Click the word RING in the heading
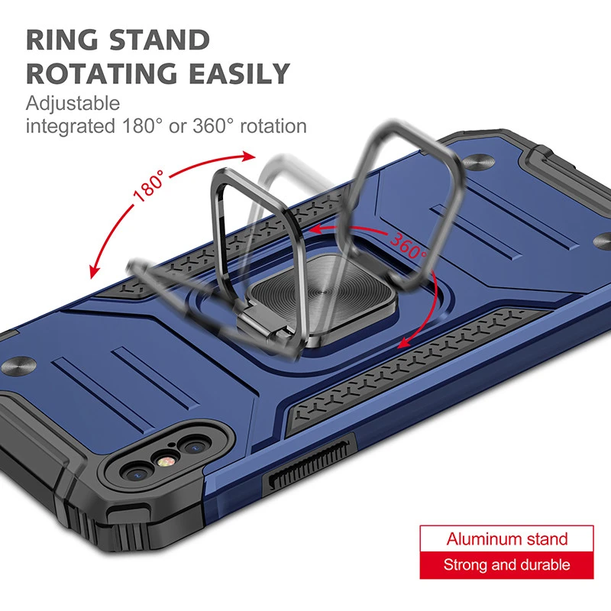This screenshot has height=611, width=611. [63, 40]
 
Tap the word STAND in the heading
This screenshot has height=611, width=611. [160, 40]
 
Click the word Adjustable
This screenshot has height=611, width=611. [73, 104]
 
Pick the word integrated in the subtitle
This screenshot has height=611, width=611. [70, 127]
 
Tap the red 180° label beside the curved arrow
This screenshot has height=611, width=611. [149, 186]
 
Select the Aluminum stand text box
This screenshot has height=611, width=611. [506, 539]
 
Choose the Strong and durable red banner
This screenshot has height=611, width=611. [506, 565]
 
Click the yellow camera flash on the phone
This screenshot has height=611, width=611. [166, 462]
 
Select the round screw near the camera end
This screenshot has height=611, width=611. [18, 365]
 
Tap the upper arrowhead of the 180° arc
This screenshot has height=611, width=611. [248, 157]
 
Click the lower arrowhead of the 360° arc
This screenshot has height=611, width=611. [404, 342]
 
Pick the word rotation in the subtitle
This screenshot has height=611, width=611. [273, 127]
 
